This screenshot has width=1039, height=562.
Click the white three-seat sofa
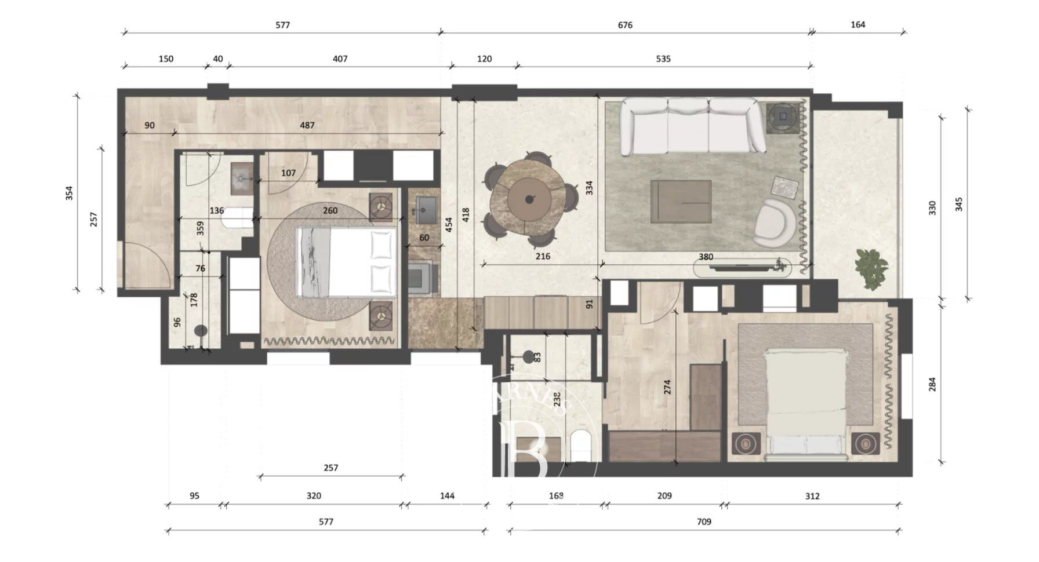point(690,126)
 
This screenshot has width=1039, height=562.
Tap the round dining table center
point(529,199)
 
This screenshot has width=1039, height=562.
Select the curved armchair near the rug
point(775,222)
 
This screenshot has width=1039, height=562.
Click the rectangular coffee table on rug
point(681,201)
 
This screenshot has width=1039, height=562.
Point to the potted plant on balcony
point(871,269)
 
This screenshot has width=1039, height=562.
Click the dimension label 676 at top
point(625,25)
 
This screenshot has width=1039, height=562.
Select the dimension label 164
point(858,24)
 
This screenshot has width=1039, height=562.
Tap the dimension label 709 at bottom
point(703,521)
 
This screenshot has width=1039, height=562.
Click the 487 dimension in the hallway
point(307,125)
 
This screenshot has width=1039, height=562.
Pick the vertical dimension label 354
point(69,192)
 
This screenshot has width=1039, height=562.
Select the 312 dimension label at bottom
point(812,496)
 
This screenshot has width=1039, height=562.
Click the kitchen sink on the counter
point(426,206)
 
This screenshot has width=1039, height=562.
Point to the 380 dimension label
point(706,257)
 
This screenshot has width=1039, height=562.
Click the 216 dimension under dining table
point(543,256)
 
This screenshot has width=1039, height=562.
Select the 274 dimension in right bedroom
point(667,387)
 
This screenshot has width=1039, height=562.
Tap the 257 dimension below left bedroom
point(330,468)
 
